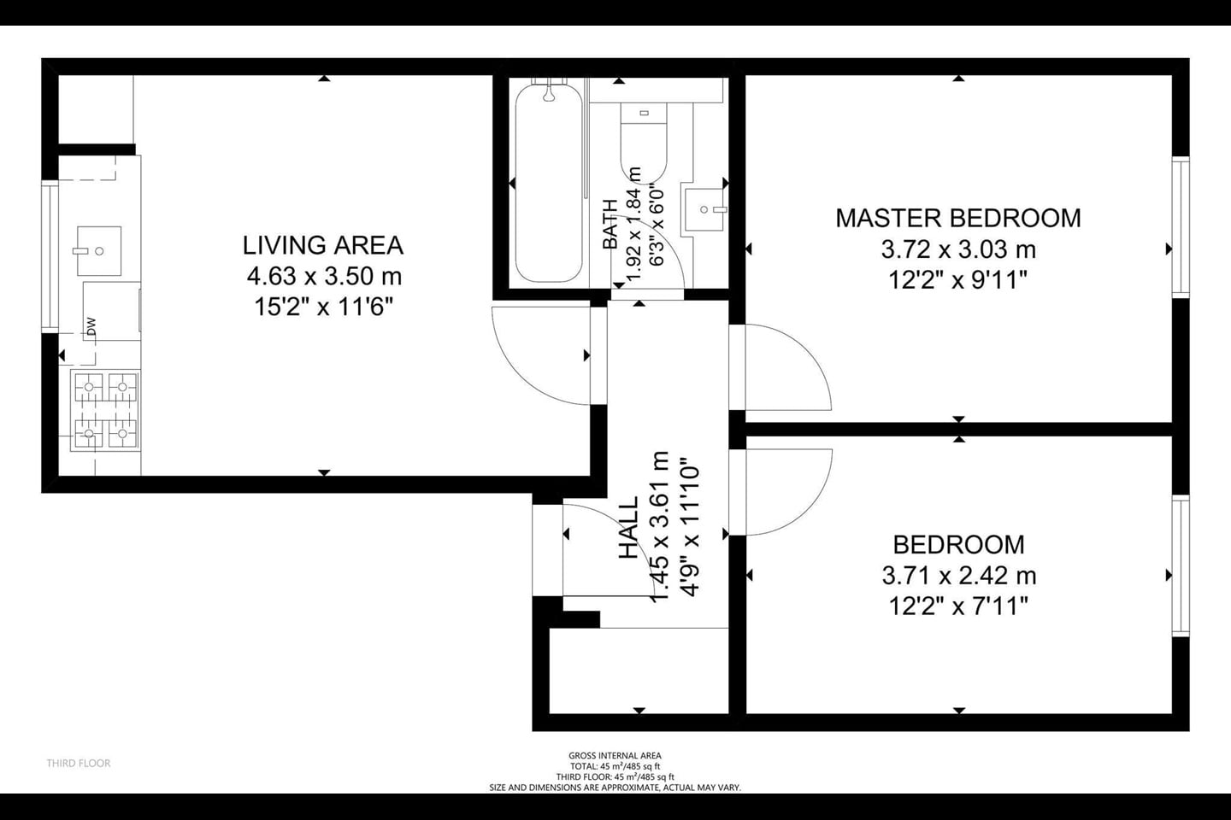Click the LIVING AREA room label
[x=322, y=245]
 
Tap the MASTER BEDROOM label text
[x=957, y=218]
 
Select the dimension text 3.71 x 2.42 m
[x=958, y=576]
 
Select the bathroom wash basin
[x=704, y=208]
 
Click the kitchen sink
[x=98, y=251]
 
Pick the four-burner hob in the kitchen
[x=106, y=411]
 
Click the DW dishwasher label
[x=91, y=325]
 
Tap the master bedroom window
[x=1181, y=227]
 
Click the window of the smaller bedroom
[x=1181, y=566]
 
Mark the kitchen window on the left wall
[x=50, y=256]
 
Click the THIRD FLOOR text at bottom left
[x=79, y=763]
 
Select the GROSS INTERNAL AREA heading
[x=615, y=755]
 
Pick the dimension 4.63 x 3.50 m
[x=324, y=277]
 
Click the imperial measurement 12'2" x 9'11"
[x=957, y=279]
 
